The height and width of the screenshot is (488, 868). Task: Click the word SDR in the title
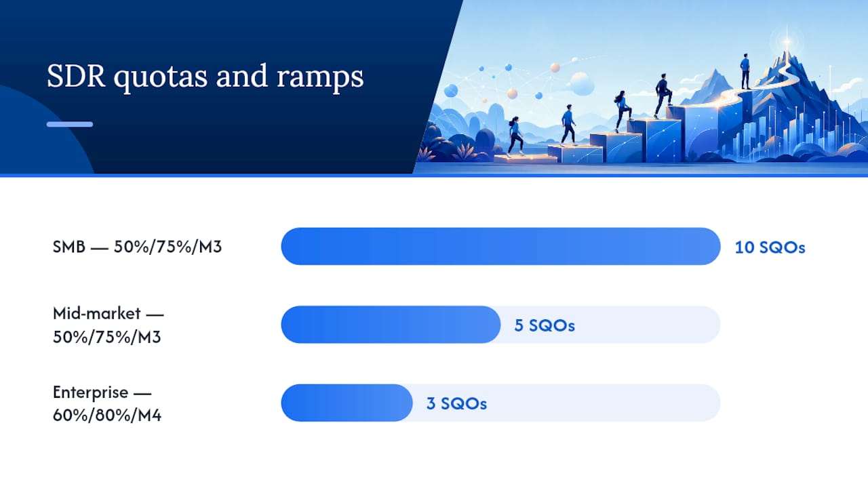point(76,76)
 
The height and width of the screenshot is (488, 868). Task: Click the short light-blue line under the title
point(70,124)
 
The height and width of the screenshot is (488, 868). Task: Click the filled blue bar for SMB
point(500,246)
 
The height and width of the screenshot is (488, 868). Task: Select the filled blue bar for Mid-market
point(391,325)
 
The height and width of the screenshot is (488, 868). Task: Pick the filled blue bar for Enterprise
point(347,403)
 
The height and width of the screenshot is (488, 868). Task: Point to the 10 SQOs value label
point(770,247)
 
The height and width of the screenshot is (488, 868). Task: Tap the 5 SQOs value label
point(545,326)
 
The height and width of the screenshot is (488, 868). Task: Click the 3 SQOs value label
point(456,404)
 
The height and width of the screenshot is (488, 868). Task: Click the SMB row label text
point(137,247)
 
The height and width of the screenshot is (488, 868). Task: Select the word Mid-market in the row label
point(96,313)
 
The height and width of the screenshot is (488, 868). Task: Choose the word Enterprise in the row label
point(90,392)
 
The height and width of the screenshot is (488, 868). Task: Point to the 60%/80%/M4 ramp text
point(107,415)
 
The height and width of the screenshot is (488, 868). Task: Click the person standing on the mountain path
point(745,72)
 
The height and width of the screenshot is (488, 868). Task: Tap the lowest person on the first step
point(515,136)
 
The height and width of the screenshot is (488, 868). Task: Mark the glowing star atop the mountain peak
point(787,41)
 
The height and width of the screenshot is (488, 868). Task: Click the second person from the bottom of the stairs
point(568,125)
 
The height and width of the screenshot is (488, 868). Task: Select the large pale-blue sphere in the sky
point(580,83)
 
